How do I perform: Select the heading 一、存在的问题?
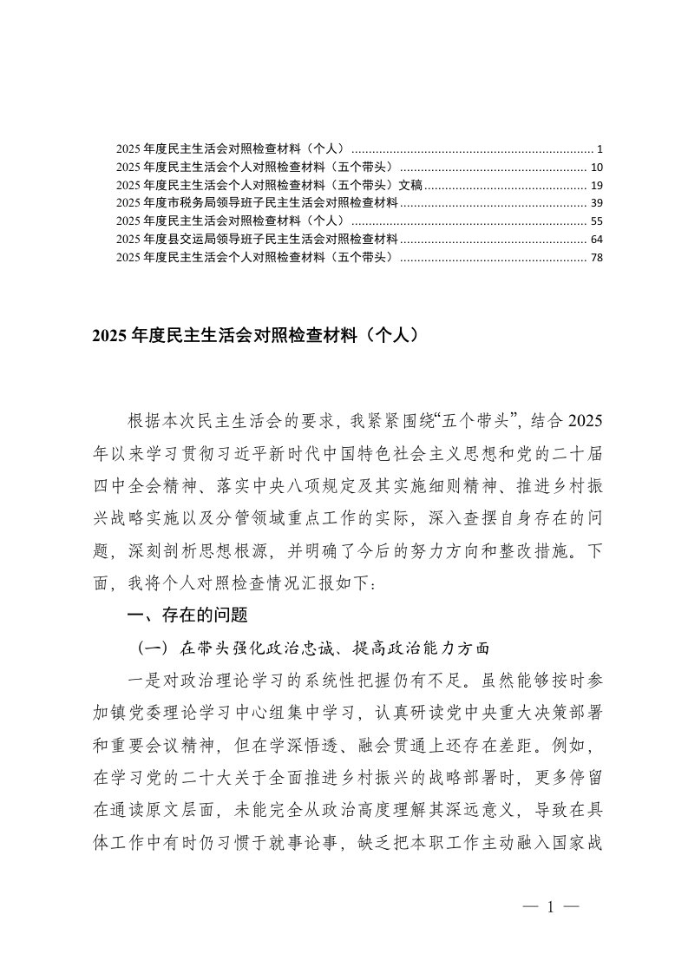click(187, 615)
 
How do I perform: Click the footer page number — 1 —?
click(551, 908)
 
